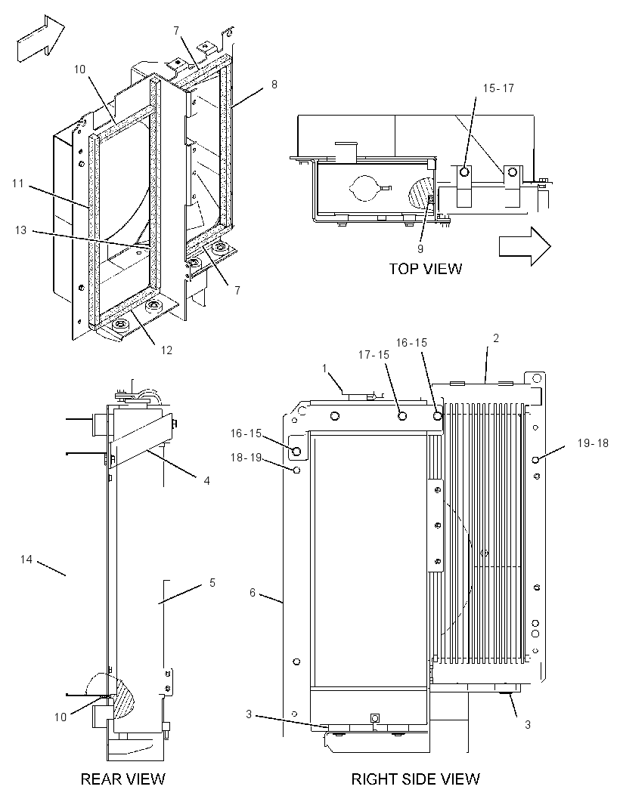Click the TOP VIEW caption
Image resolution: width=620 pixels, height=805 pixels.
(425, 269)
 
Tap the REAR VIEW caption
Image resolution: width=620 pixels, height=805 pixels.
(123, 779)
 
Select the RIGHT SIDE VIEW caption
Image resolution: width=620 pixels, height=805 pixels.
(415, 779)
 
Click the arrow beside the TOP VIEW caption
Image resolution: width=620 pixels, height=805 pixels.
(525, 247)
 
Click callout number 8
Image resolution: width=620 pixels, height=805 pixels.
(274, 84)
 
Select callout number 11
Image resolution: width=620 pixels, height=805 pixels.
(18, 184)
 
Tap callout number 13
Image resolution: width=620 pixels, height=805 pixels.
(20, 230)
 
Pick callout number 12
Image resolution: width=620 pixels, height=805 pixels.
(166, 350)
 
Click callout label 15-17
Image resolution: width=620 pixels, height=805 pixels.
(498, 88)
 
